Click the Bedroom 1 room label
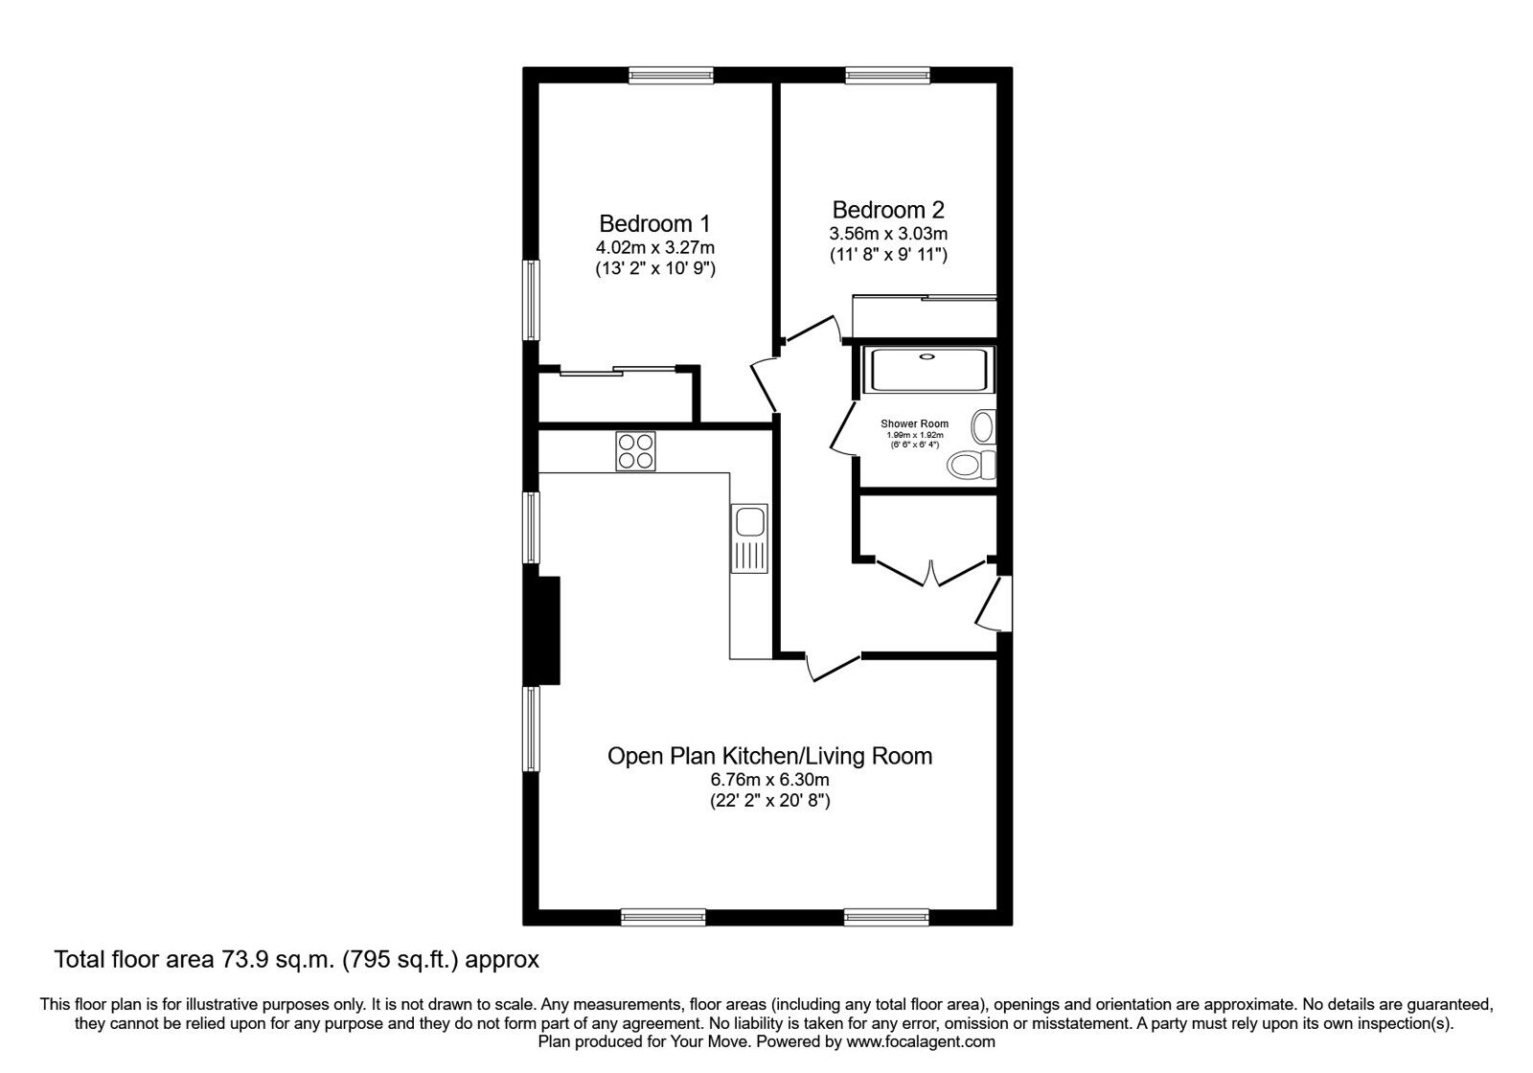654,223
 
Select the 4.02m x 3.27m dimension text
654,248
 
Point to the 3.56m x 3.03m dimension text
888,234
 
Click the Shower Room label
915,423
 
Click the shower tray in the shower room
927,369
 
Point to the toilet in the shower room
971,466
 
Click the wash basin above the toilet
984,425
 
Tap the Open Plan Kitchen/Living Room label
769,756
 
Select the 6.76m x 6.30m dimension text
769,780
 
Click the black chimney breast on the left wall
548,630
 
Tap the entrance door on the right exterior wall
993,604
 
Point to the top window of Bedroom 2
887,75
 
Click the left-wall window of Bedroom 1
530,299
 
